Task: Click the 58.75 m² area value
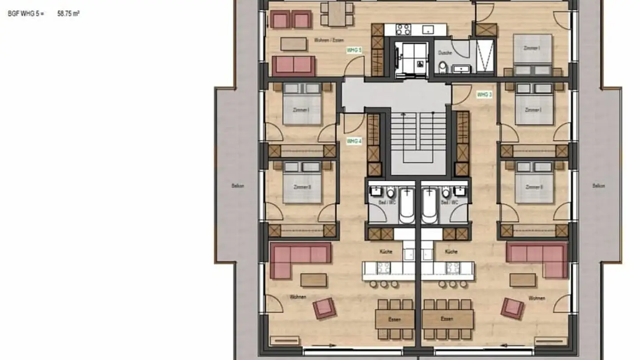tap(68, 14)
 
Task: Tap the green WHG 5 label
tap(354, 50)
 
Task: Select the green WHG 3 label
tap(484, 95)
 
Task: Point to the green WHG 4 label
tap(354, 141)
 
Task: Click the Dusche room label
tap(445, 53)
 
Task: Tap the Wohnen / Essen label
tap(329, 40)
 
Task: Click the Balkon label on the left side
tap(238, 186)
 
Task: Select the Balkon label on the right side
tap(599, 186)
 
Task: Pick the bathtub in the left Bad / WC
tap(406, 205)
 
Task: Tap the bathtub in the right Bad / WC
tap(429, 205)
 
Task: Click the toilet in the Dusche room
tap(443, 67)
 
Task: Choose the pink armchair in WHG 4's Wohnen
tap(324, 308)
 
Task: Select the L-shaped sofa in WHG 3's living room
tap(538, 258)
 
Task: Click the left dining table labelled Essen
tap(395, 319)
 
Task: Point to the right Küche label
tap(451, 252)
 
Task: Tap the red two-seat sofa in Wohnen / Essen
tap(293, 65)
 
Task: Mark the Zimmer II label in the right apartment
tap(533, 187)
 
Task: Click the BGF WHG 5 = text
tap(26, 14)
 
